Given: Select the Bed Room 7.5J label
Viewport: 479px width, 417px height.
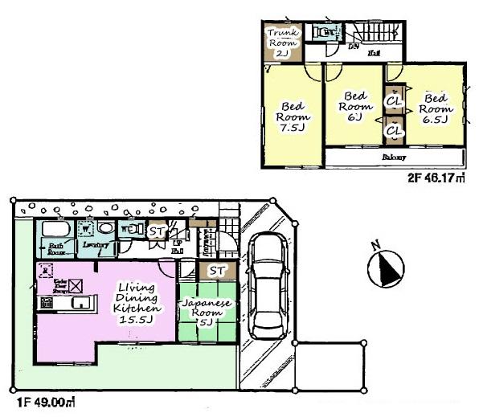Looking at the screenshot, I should click(290, 118).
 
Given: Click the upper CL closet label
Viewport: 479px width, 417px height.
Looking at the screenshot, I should click(394, 102).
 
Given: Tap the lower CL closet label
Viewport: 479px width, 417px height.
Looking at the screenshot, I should click(394, 129).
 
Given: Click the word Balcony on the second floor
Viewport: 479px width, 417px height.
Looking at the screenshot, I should click(393, 157).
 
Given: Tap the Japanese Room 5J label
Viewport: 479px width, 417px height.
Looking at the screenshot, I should click(207, 313).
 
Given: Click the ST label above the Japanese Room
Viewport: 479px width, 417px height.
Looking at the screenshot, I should click(217, 271).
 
